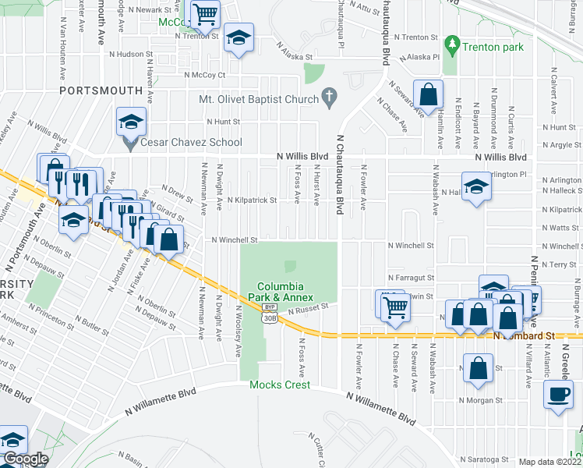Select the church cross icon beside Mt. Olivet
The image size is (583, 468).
[330, 98]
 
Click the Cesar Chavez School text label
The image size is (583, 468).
[192, 143]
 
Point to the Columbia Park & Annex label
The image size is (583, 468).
[285, 292]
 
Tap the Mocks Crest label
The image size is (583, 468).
[280, 385]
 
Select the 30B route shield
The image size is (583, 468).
[269, 318]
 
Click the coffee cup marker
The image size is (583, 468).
[560, 394]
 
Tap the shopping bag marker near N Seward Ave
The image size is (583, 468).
[429, 95]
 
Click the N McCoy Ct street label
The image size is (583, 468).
[205, 75]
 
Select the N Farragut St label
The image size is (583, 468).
[410, 278]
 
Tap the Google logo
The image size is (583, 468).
[25, 459]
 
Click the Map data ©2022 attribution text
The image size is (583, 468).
[550, 462]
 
